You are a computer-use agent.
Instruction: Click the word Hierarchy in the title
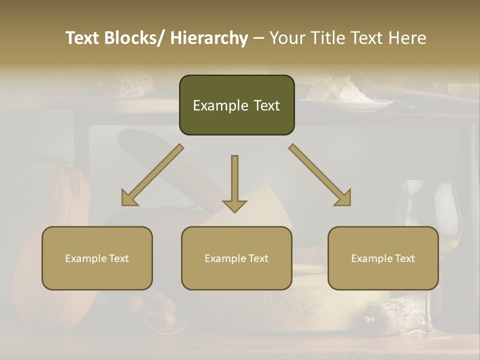click(x=209, y=38)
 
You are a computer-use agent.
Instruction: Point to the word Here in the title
click(x=408, y=38)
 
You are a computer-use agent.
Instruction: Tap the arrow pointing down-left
click(x=152, y=175)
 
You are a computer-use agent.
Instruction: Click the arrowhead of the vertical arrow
click(x=234, y=205)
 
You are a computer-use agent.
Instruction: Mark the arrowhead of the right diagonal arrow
click(x=344, y=199)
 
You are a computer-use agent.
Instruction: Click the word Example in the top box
click(x=220, y=105)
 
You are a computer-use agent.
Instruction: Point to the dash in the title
click(x=258, y=38)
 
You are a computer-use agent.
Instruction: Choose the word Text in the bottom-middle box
click(x=258, y=258)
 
